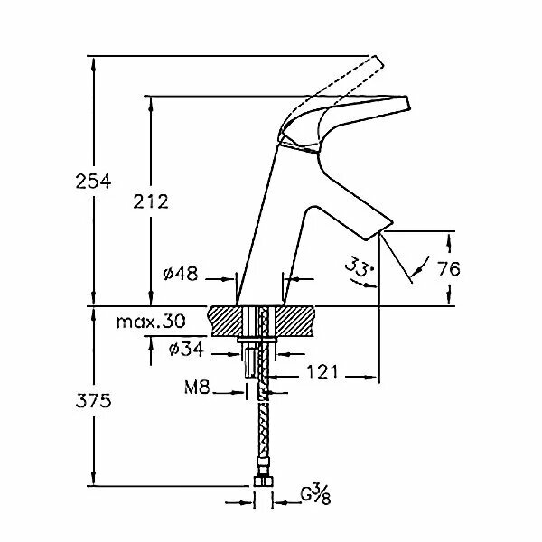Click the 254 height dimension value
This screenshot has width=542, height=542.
pos(94,182)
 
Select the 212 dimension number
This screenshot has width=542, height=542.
pos(150,201)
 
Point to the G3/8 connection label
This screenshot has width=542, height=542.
pos(316,495)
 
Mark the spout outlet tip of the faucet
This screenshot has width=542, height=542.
pos(380,231)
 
